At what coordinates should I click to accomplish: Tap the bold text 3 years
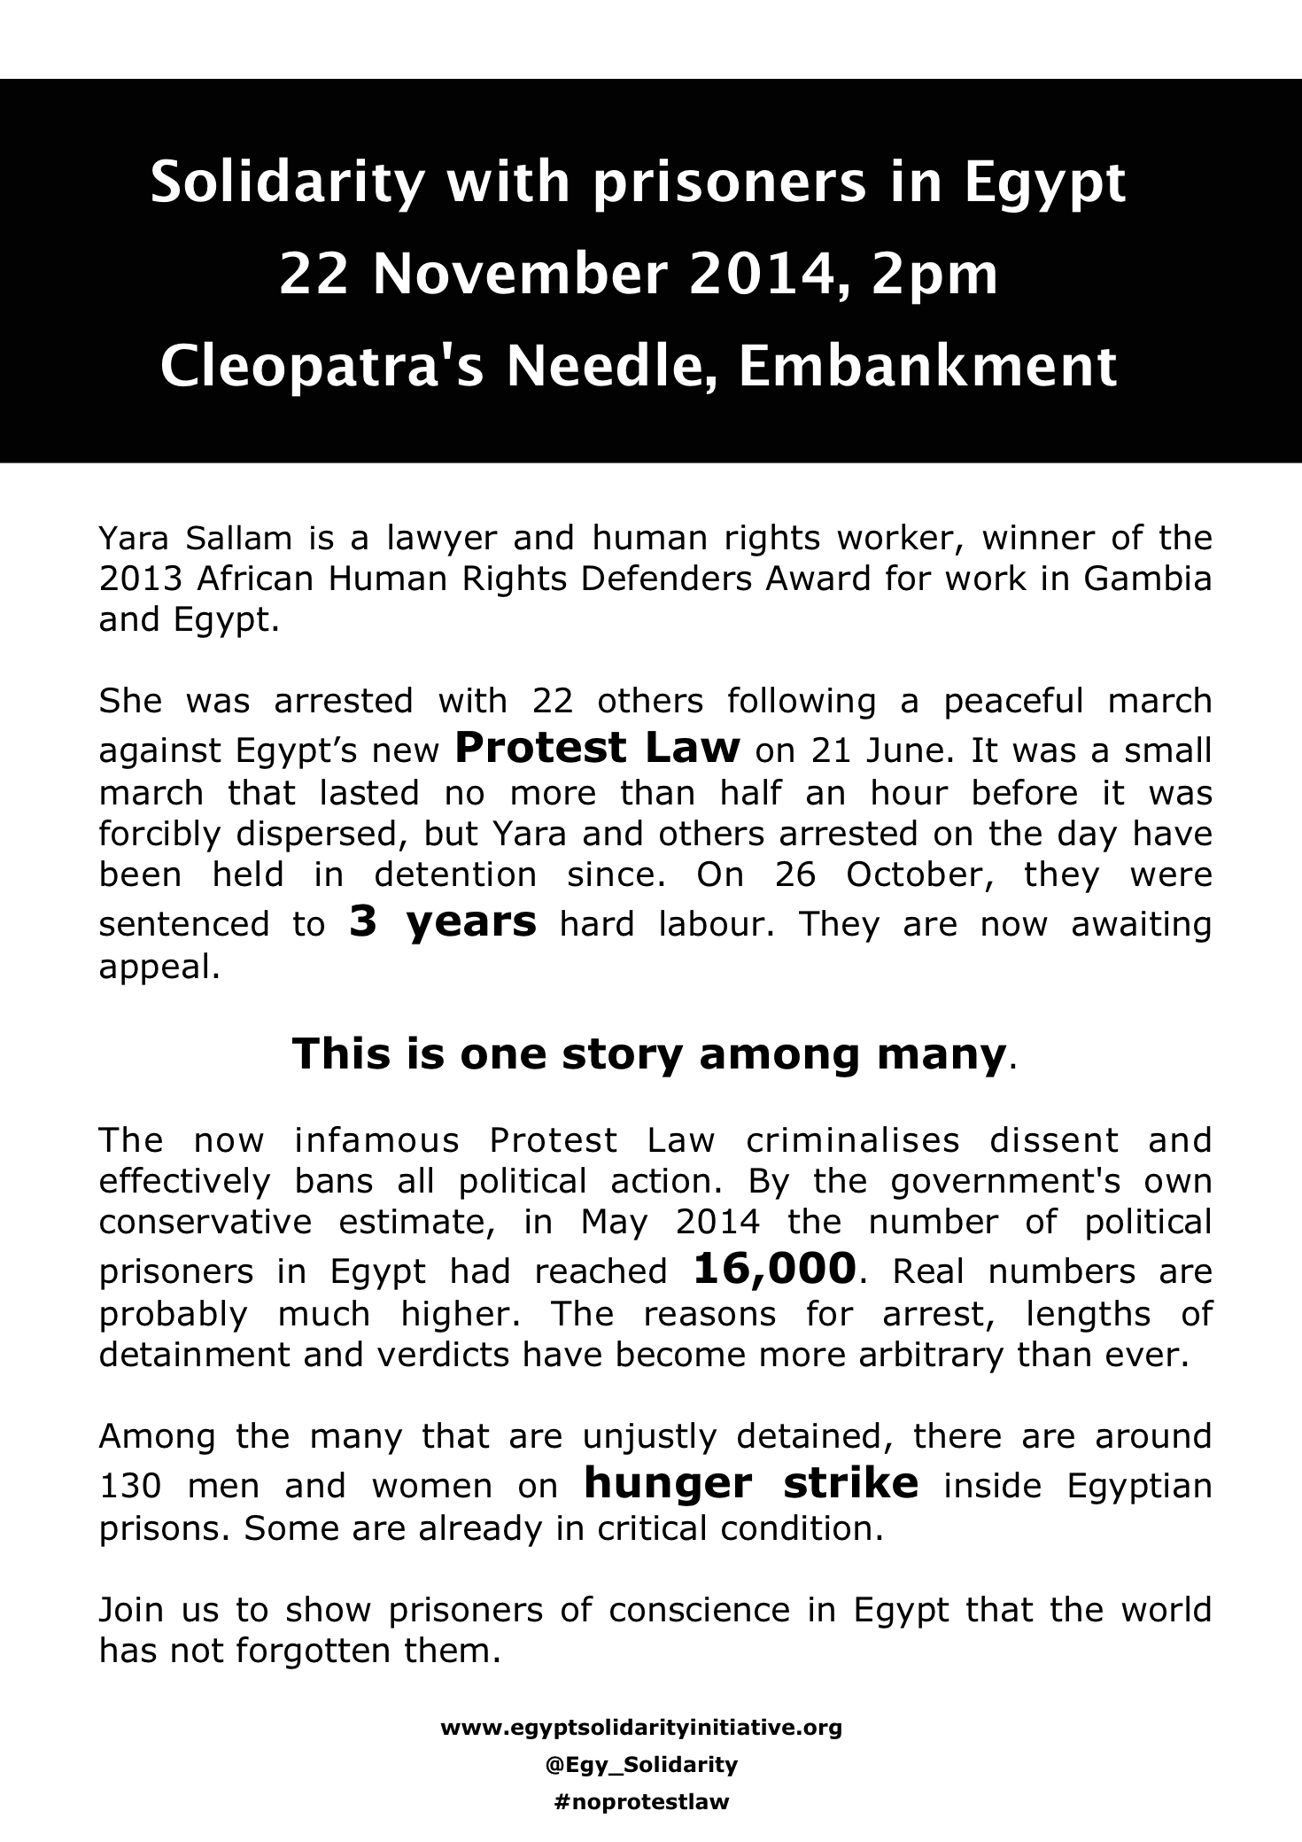point(443,921)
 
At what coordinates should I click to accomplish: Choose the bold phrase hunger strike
point(751,1482)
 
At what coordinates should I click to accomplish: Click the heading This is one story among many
point(651,1053)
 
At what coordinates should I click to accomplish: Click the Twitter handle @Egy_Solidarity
point(641,1765)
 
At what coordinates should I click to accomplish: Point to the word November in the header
point(518,276)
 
